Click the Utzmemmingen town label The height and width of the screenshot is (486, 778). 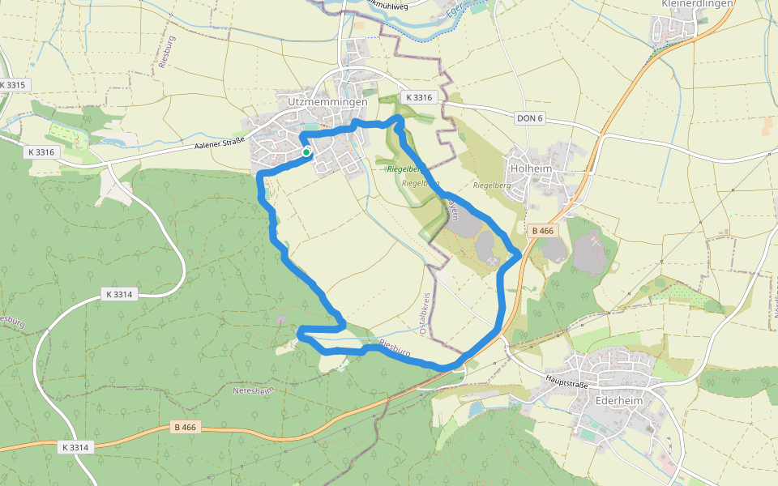(x=327, y=102)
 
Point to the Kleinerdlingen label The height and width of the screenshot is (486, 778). (x=697, y=4)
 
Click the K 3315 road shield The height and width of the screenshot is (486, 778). (x=13, y=85)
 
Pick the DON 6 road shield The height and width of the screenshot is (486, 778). (x=529, y=118)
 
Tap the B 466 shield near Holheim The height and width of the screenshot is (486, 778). (x=542, y=231)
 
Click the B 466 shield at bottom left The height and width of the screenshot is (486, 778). (x=185, y=427)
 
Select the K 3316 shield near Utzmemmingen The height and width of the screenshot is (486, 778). (x=419, y=97)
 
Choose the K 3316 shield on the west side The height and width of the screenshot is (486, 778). (x=41, y=151)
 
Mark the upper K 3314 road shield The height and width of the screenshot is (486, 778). (x=118, y=294)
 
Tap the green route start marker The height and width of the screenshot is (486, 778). (x=306, y=152)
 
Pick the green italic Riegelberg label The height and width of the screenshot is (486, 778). (x=403, y=169)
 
